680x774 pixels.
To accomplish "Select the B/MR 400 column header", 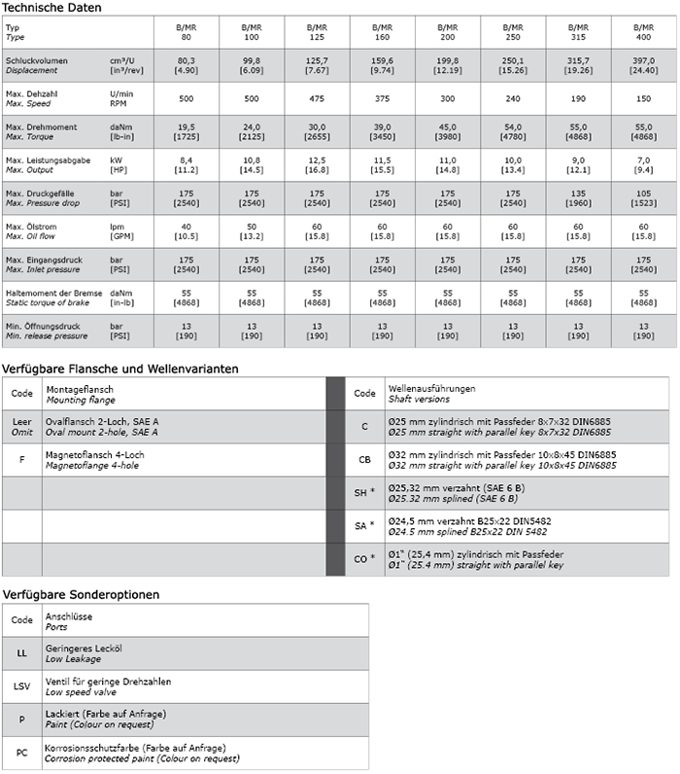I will [x=643, y=31].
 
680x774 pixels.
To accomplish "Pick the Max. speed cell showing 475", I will [x=318, y=98].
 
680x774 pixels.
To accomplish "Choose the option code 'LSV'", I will [x=21, y=686].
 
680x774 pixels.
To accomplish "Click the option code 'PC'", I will [x=21, y=753].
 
